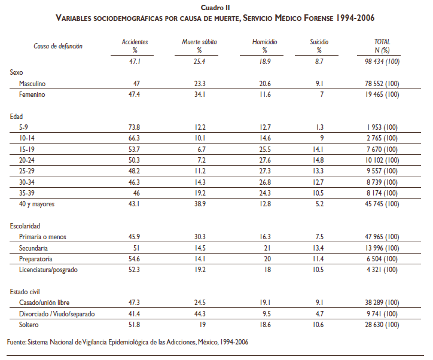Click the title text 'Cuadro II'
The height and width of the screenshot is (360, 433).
tap(215, 7)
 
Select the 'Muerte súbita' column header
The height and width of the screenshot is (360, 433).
tap(199, 42)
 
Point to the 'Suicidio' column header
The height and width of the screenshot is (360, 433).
tap(319, 42)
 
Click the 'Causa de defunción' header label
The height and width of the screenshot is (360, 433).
tap(58, 45)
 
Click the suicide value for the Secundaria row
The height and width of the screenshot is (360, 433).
tap(318, 248)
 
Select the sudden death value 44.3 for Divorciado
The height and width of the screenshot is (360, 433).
tap(199, 313)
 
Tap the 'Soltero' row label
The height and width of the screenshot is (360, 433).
tap(29, 324)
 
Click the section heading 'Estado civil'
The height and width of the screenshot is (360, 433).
tap(25, 291)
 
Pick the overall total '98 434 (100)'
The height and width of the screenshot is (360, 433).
tap(378, 62)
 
